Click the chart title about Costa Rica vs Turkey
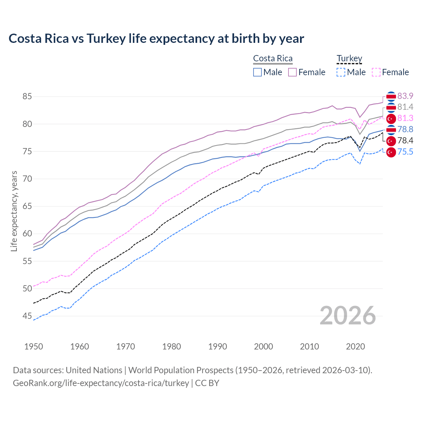[156, 39]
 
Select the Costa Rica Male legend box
[257, 72]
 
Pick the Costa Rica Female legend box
[292, 72]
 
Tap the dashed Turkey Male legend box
[341, 72]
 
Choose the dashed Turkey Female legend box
[376, 72]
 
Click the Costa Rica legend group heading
[273, 58]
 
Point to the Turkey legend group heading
[349, 58]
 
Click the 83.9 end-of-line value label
[405, 96]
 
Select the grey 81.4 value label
[405, 107]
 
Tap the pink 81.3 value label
[405, 118]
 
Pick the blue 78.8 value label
[405, 129]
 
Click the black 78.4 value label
[405, 141]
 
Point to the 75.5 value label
[405, 152]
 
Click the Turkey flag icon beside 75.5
[391, 152]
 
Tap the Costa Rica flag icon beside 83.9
[391, 96]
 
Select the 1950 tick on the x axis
[34, 347]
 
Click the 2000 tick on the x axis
[263, 347]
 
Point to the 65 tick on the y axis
[27, 206]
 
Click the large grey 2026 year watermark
[348, 316]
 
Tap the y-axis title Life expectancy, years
[14, 211]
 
